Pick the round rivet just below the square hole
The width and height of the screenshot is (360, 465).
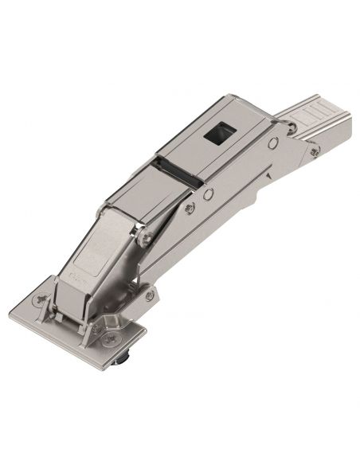point(273,143)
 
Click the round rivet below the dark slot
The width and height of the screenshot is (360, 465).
point(208,193)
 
